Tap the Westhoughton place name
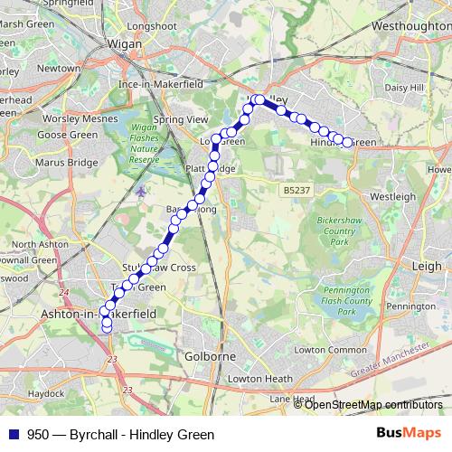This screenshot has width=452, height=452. (x=410, y=27)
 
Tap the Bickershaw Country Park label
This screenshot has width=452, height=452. (x=339, y=231)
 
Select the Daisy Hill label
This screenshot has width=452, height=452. (x=404, y=88)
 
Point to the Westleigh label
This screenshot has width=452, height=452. (x=392, y=195)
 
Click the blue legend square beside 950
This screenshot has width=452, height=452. (x=13, y=434)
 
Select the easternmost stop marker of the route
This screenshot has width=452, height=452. (x=346, y=142)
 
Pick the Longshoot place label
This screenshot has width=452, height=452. (x=152, y=26)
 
